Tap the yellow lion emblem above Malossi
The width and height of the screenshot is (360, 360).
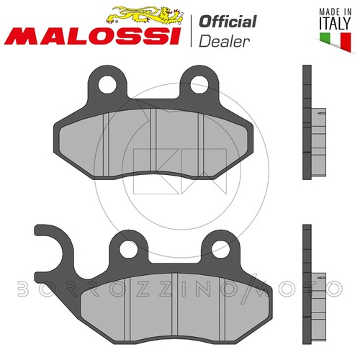click(x=145, y=15)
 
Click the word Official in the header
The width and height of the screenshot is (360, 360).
click(x=228, y=22)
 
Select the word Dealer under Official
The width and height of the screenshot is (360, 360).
click(x=224, y=41)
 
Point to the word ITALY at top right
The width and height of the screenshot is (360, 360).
click(x=335, y=23)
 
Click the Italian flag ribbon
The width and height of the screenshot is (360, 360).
click(x=336, y=41)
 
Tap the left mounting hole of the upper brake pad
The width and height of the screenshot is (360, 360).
click(x=107, y=84)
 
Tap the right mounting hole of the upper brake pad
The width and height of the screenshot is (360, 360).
click(x=199, y=84)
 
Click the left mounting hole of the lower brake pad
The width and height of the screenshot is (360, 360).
click(x=128, y=249)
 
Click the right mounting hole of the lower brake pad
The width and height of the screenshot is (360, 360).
click(x=220, y=249)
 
